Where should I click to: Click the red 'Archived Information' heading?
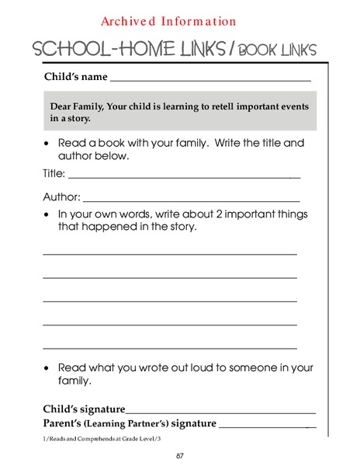click(168, 22)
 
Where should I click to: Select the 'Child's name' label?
click(75, 77)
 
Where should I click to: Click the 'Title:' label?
click(54, 174)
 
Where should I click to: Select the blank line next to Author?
click(192, 200)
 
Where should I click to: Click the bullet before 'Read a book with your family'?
click(47, 144)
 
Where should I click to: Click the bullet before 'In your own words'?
click(47, 215)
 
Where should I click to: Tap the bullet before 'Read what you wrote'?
click(47, 368)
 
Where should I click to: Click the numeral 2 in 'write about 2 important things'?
click(213, 214)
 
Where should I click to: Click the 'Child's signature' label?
click(84, 409)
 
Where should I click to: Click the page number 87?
click(179, 456)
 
